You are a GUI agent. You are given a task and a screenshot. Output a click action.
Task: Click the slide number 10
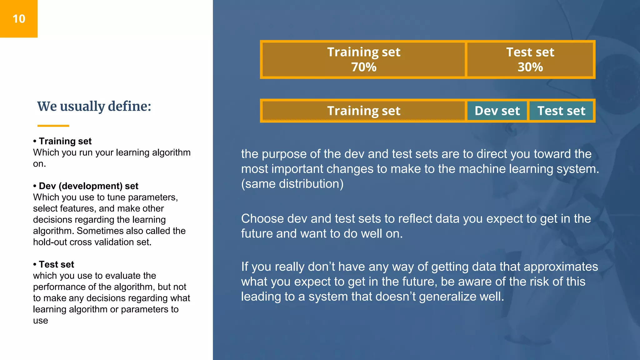(x=19, y=19)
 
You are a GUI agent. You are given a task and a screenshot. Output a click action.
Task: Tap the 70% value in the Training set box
(x=364, y=67)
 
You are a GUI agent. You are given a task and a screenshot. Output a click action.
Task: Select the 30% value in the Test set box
(x=530, y=67)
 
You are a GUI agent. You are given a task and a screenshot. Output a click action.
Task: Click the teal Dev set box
(x=497, y=111)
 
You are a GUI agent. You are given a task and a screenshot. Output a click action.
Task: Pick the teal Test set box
(x=561, y=111)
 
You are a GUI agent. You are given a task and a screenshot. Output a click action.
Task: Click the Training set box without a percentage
(x=363, y=111)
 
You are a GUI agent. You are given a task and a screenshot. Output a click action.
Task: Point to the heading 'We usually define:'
(x=94, y=106)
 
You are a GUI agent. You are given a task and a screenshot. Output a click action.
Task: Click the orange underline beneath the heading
(x=53, y=126)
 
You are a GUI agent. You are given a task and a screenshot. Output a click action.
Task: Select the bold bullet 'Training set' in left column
(x=65, y=141)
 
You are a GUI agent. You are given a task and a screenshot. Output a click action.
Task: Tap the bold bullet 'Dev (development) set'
(x=88, y=186)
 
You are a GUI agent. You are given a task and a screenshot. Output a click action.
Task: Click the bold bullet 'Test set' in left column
(x=56, y=264)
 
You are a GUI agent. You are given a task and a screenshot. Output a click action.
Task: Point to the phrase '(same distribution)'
(x=292, y=184)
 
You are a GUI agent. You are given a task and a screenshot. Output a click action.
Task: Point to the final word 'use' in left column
(x=41, y=321)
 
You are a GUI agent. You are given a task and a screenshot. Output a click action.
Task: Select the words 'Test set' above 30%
(x=530, y=52)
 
